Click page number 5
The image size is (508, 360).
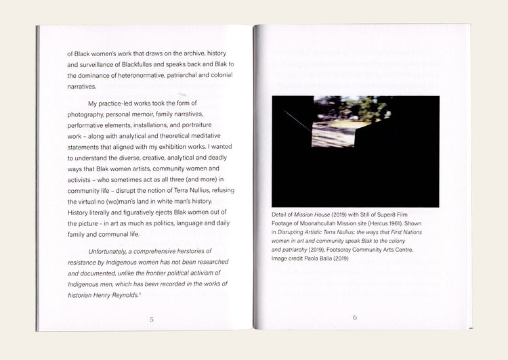point(151,319)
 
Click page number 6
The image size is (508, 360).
point(355,317)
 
